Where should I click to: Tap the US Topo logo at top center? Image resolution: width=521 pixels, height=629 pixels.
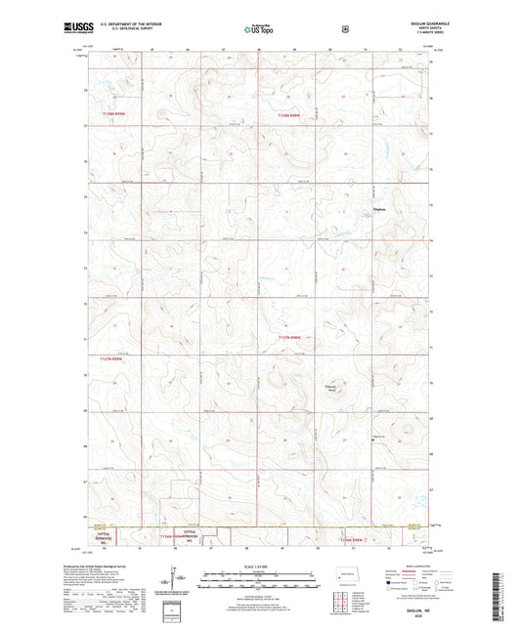pos(259,30)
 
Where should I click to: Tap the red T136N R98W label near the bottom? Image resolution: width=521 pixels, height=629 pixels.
pos(352,539)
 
